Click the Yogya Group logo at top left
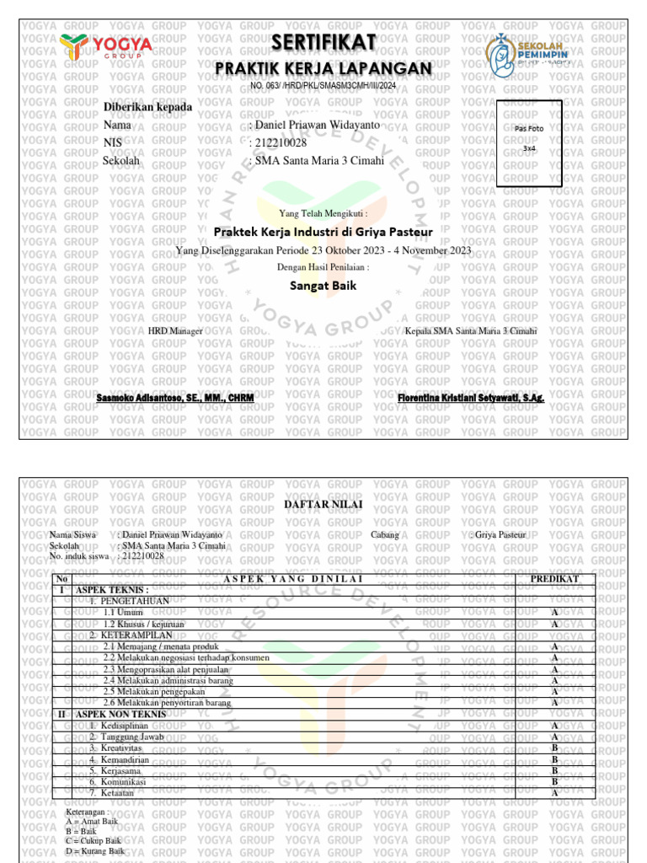pos(106,49)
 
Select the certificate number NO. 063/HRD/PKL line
pos(323,86)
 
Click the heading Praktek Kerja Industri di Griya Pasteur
pos(323,231)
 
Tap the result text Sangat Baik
pos(323,286)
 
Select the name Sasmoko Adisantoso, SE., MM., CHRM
pos(175,396)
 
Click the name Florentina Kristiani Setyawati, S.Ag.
pos(471,396)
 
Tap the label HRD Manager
pos(175,331)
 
